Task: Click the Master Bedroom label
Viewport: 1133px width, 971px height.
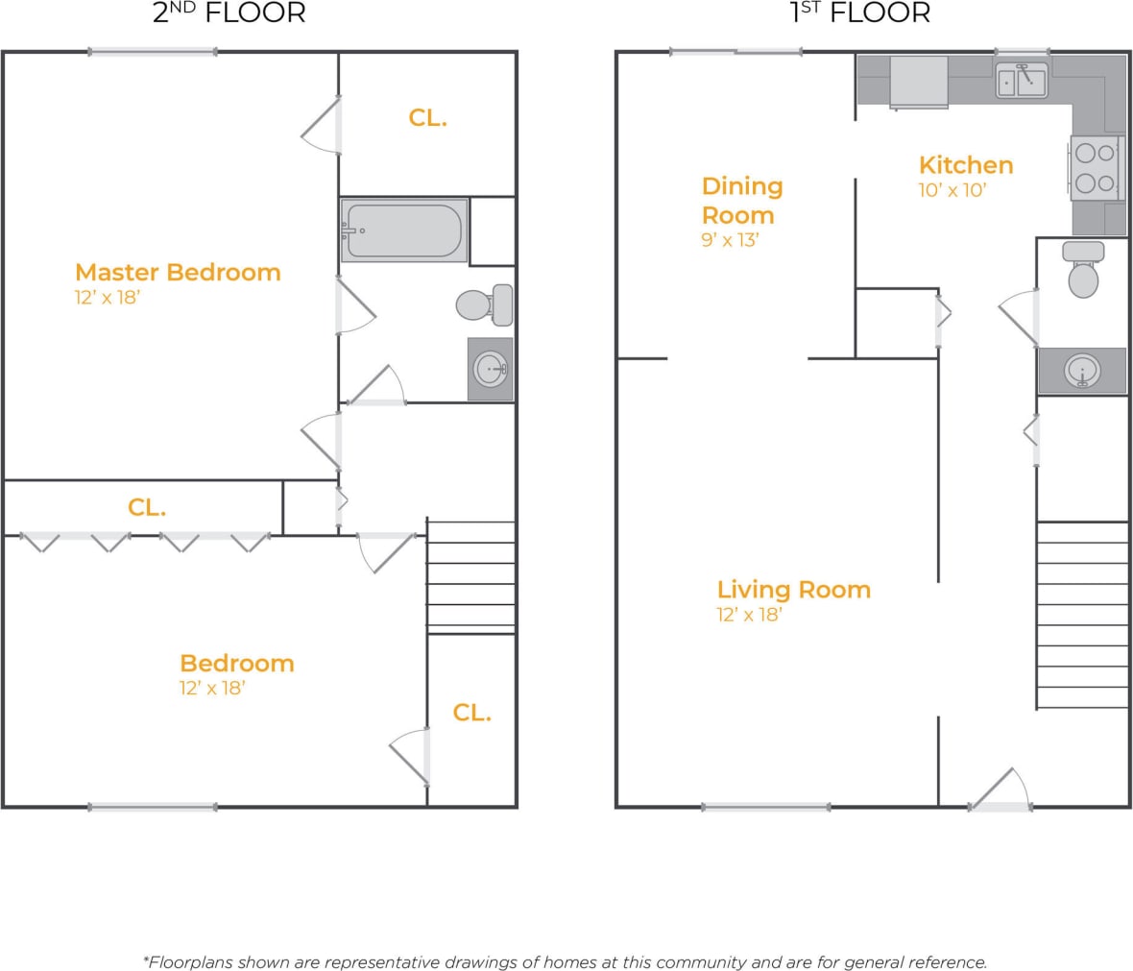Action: [x=178, y=272]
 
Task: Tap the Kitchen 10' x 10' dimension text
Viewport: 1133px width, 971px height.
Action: [x=952, y=190]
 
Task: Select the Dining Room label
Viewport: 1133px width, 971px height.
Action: [x=741, y=200]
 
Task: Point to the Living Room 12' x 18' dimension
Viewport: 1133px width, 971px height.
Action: [x=749, y=615]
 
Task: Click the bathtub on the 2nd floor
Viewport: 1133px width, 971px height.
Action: [x=404, y=231]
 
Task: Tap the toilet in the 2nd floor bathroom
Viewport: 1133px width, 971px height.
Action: [x=484, y=304]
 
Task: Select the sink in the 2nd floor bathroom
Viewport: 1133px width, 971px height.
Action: [x=491, y=369]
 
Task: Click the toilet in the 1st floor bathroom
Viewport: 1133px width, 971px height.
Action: [x=1083, y=271]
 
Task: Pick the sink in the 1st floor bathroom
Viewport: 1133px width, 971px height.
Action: [x=1082, y=370]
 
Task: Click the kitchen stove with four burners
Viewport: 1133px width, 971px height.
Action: [x=1096, y=167]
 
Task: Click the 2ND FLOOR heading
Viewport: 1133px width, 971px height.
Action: [x=229, y=13]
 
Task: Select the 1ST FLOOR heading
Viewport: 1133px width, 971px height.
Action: [x=859, y=13]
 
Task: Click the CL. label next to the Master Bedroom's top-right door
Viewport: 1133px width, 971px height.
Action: [x=427, y=117]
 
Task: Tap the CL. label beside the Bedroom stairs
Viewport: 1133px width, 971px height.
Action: [x=471, y=712]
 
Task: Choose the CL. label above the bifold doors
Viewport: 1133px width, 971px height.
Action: [x=147, y=507]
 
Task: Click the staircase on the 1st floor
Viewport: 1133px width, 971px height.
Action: [x=1082, y=615]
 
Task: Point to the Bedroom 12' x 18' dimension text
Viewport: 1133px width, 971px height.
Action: [x=212, y=688]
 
